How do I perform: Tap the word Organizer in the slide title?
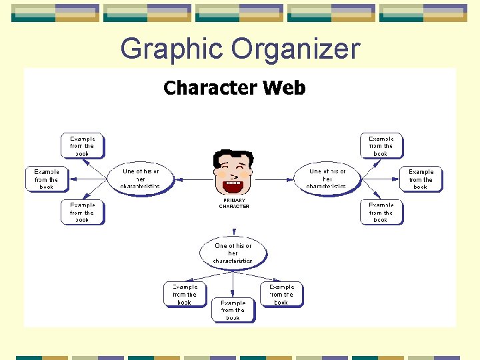point(295,49)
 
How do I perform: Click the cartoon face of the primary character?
point(233,171)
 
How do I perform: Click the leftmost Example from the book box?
point(47,179)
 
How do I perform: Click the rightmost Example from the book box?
point(421,179)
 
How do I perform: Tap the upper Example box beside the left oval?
point(83,146)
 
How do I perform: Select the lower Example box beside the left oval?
point(83,212)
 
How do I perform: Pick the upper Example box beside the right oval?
point(381,146)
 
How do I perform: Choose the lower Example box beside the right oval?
point(381,212)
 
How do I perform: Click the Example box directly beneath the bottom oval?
point(233,310)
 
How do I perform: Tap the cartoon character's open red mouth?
point(233,185)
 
